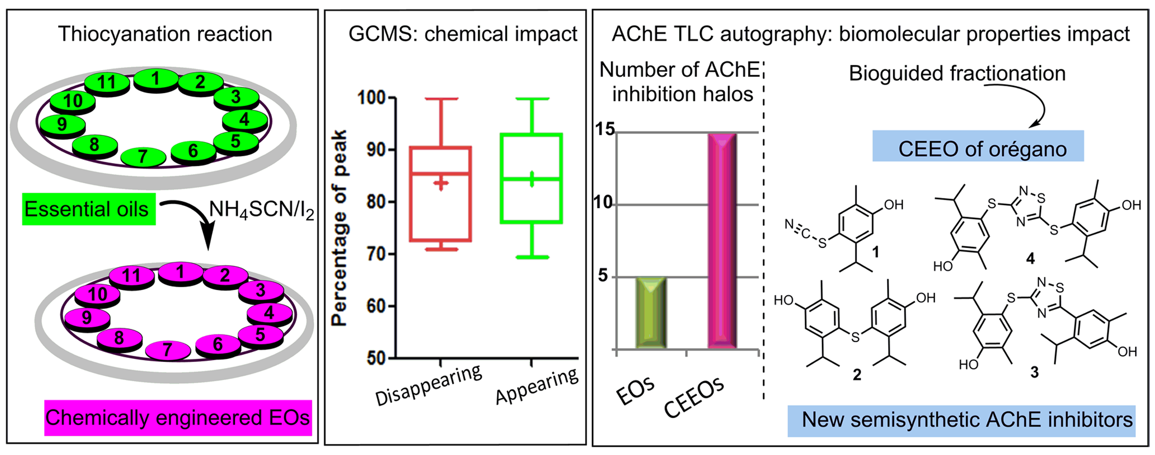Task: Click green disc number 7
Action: pyautogui.click(x=143, y=156)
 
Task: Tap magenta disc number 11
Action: pyautogui.click(x=131, y=275)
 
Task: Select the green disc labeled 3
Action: pyautogui.click(x=236, y=97)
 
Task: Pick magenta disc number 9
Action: pyautogui.click(x=87, y=317)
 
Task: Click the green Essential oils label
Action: pyautogui.click(x=88, y=209)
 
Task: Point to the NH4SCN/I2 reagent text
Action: pyautogui.click(x=261, y=209)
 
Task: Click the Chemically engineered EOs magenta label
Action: pyautogui.click(x=178, y=418)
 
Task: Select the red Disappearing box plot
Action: pyautogui.click(x=440, y=194)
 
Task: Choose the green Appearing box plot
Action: pyautogui.click(x=531, y=178)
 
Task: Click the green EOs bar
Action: pyautogui.click(x=650, y=313)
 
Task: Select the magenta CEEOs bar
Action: pyautogui.click(x=722, y=240)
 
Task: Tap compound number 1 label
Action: pyautogui.click(x=875, y=252)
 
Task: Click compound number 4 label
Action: pyautogui.click(x=1030, y=258)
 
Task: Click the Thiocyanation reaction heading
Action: pyautogui.click(x=165, y=34)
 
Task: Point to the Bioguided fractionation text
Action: pyautogui.click(x=957, y=74)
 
